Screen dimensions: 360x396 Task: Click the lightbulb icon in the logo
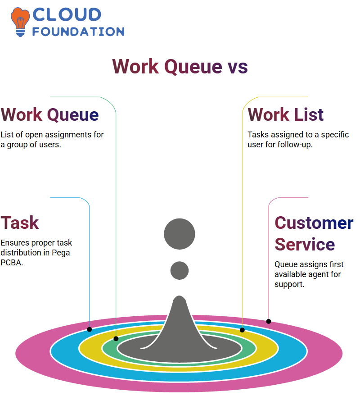(20, 22)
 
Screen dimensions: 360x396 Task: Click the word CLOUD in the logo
(67, 14)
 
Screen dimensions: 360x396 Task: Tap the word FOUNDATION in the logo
(78, 32)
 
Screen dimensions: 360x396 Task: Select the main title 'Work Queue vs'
(180, 66)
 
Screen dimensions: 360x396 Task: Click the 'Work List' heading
(285, 114)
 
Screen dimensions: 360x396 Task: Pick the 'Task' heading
(20, 223)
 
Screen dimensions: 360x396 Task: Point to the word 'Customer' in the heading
(314, 223)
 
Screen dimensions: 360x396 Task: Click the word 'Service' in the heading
(305, 244)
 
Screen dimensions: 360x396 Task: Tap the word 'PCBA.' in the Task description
(12, 263)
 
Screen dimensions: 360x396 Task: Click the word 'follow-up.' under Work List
(295, 145)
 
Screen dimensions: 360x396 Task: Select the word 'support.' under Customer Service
(289, 284)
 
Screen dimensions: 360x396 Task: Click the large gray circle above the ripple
(180, 234)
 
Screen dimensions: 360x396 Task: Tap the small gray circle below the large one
(180, 270)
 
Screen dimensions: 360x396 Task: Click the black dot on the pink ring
(269, 322)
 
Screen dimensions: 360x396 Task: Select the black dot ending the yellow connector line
(242, 330)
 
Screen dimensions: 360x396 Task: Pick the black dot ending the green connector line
(116, 339)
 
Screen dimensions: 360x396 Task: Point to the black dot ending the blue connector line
(89, 329)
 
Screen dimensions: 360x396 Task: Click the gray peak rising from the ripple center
(179, 323)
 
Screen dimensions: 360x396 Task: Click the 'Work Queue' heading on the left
(49, 115)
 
